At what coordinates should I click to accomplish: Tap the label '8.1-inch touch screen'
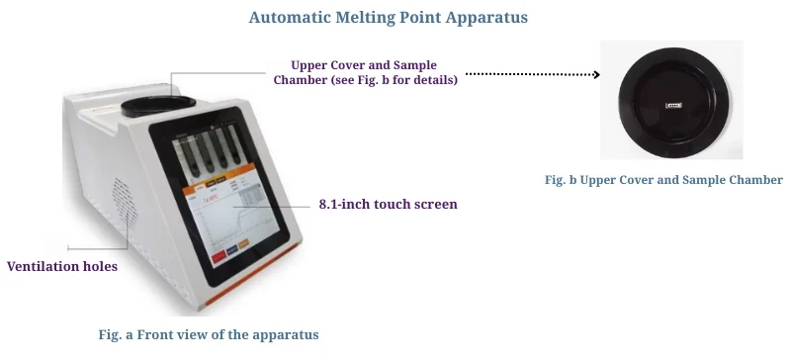click(x=388, y=205)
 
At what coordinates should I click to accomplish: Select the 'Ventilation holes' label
click(x=63, y=266)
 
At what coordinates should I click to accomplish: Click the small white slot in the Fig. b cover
click(x=675, y=102)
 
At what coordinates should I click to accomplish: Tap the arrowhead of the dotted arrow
click(x=595, y=74)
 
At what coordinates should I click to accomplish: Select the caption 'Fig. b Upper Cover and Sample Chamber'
click(x=663, y=180)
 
